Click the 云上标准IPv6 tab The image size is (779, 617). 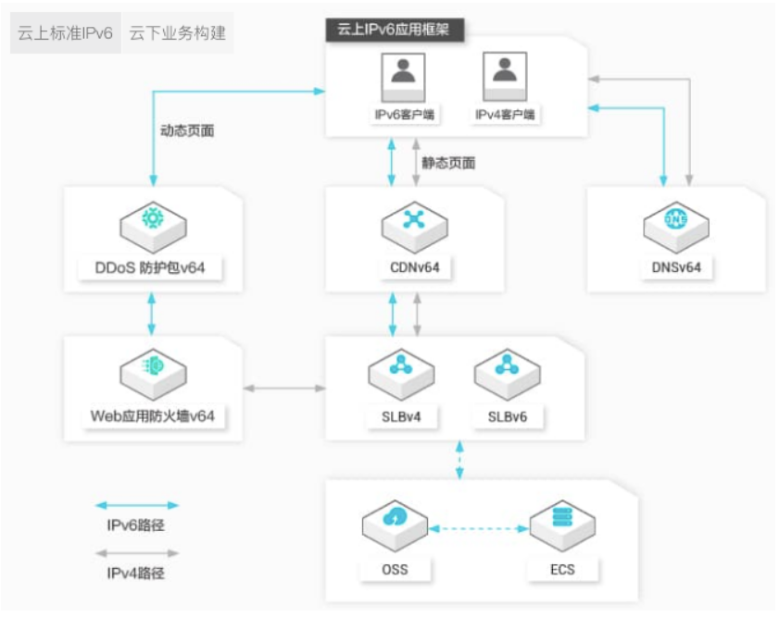(65, 34)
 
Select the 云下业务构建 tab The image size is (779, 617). (177, 34)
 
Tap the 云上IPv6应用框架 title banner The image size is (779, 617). (395, 29)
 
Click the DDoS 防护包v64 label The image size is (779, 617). (152, 268)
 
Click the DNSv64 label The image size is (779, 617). (676, 268)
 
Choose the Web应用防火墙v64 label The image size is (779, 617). (152, 415)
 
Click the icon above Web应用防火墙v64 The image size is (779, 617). (152, 367)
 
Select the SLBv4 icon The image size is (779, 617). (400, 367)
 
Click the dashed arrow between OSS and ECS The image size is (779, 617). (478, 529)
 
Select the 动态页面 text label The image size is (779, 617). (187, 130)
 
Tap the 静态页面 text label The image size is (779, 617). (448, 163)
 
